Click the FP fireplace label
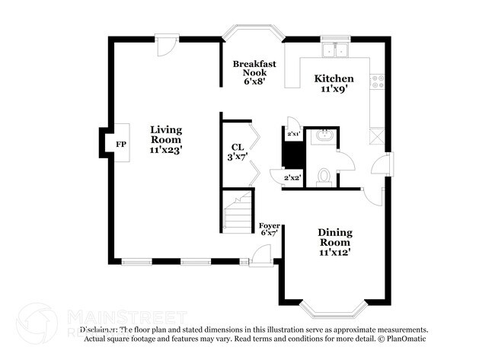click(x=120, y=144)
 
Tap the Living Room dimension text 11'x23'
click(x=165, y=150)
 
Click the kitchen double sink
click(x=334, y=52)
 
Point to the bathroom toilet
click(x=323, y=177)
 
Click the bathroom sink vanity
click(x=324, y=137)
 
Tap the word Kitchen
click(x=334, y=78)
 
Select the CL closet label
click(x=237, y=148)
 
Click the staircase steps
click(x=239, y=214)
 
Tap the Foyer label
click(x=269, y=225)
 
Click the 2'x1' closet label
click(x=293, y=134)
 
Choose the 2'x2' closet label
click(x=292, y=177)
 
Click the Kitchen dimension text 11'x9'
click(x=334, y=88)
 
